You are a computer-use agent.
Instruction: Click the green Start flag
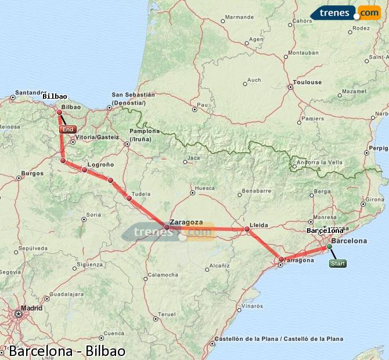[x=337, y=264]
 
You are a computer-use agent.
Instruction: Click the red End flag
[x=68, y=129]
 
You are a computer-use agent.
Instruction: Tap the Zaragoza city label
[x=186, y=222]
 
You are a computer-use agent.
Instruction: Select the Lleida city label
[x=258, y=224]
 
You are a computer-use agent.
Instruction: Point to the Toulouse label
[x=307, y=82]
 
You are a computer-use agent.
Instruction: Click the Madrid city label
[x=31, y=308]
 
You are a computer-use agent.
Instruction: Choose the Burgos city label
[x=32, y=173]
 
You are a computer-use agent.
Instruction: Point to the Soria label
[x=93, y=214]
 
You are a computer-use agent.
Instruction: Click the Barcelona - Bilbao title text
[x=67, y=351]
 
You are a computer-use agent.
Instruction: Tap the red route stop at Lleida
[x=247, y=229]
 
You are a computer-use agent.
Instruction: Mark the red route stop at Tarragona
[x=281, y=260]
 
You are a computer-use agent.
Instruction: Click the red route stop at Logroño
[x=85, y=170]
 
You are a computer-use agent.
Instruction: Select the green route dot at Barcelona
[x=329, y=246]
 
